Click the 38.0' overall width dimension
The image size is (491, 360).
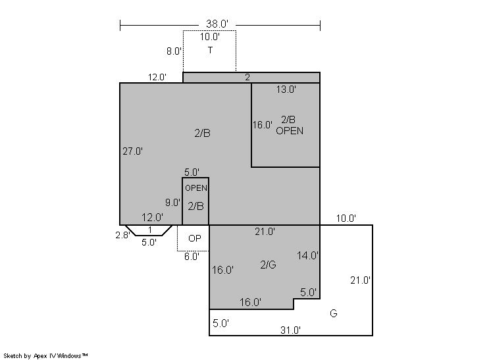217,24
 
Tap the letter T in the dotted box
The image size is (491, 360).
210,50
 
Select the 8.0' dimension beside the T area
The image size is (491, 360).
174,51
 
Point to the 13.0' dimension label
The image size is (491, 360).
286,90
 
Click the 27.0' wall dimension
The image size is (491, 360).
133,151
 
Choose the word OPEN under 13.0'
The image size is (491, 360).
290,131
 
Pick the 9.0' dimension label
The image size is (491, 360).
173,203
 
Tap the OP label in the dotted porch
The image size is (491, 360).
194,238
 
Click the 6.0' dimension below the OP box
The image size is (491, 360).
192,257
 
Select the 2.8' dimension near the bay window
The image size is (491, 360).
122,235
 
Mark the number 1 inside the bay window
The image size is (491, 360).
150,230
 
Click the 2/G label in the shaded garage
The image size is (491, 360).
268,265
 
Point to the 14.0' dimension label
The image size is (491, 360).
307,256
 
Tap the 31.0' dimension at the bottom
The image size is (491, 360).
291,330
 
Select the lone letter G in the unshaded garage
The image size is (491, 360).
334,313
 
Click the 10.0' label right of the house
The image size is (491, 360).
346,219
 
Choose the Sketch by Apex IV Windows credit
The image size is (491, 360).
45,356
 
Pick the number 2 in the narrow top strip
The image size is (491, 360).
247,78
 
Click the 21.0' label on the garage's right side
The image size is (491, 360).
361,280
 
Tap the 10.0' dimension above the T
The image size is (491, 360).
210,37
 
